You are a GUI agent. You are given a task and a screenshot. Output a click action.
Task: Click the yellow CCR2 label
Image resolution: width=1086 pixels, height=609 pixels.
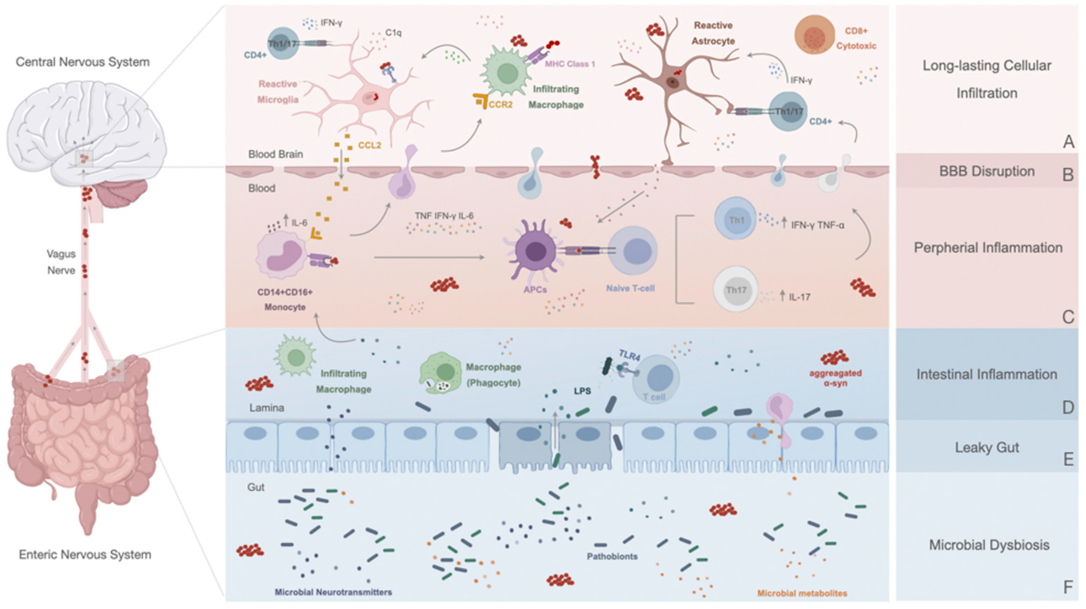point(500,104)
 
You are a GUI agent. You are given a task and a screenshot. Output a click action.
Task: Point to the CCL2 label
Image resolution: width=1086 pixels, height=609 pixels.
point(369,145)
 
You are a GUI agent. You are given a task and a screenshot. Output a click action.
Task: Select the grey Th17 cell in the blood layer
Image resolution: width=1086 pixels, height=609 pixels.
point(736,289)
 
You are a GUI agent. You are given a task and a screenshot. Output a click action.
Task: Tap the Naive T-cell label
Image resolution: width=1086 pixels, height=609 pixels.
point(630,288)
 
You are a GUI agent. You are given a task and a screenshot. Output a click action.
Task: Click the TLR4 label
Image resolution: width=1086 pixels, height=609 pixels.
point(629,355)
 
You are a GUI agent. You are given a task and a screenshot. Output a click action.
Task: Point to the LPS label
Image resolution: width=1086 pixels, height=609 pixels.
point(582,391)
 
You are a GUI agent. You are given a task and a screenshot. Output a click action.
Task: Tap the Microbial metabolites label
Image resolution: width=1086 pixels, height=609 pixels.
point(802,593)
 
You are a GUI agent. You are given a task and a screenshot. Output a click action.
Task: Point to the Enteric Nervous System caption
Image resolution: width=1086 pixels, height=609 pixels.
point(85,554)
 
